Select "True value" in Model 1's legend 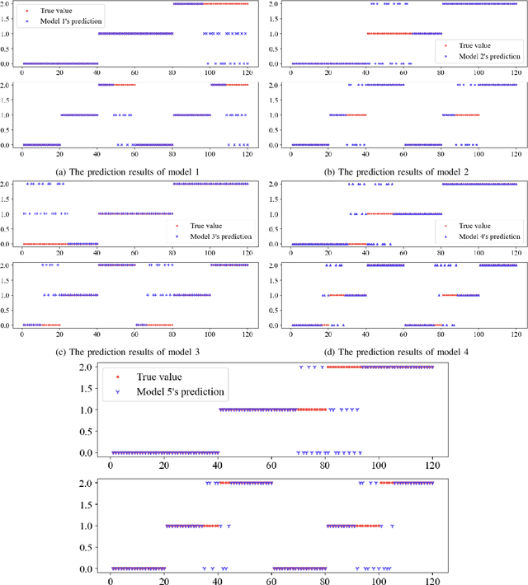point(57,10)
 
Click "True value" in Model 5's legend point(157,375)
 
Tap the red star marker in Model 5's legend point(116,376)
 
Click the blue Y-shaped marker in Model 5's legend point(116,392)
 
